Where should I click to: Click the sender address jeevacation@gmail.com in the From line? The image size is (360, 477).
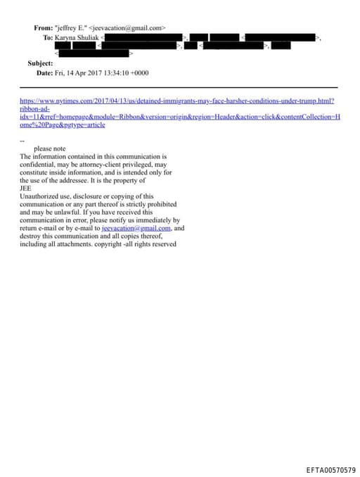[128, 28]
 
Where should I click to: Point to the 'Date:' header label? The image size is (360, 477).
[44, 73]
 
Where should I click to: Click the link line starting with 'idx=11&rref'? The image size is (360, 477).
[176, 116]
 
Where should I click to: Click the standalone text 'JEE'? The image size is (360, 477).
[25, 188]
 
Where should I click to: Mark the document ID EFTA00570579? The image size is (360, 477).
[330, 469]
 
